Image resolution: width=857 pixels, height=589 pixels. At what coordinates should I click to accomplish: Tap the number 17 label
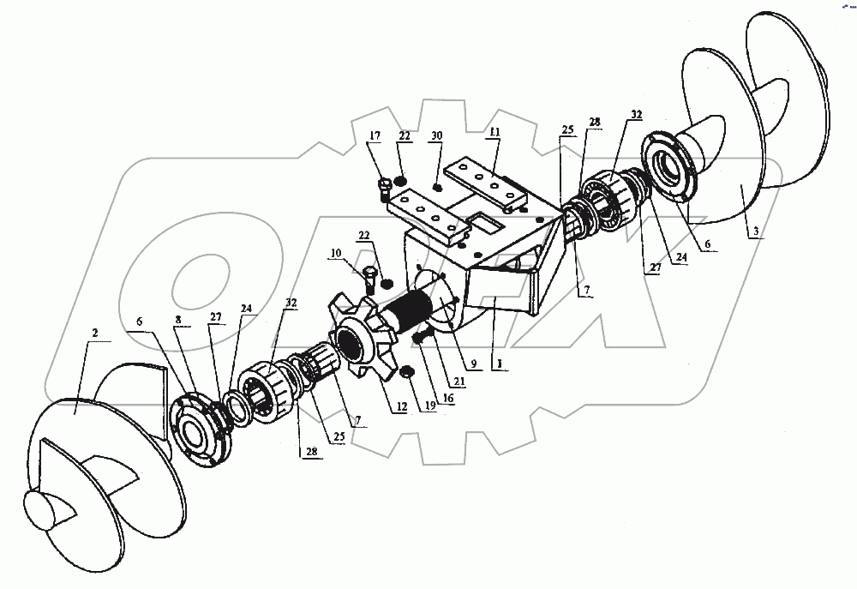click(375, 136)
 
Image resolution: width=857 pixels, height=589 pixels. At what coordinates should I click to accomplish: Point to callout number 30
click(436, 136)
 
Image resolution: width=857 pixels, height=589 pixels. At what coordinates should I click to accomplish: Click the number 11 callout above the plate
click(494, 132)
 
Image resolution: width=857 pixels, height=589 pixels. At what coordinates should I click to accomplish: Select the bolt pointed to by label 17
click(384, 186)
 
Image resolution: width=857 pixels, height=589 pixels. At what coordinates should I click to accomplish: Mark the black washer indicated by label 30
click(438, 187)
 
